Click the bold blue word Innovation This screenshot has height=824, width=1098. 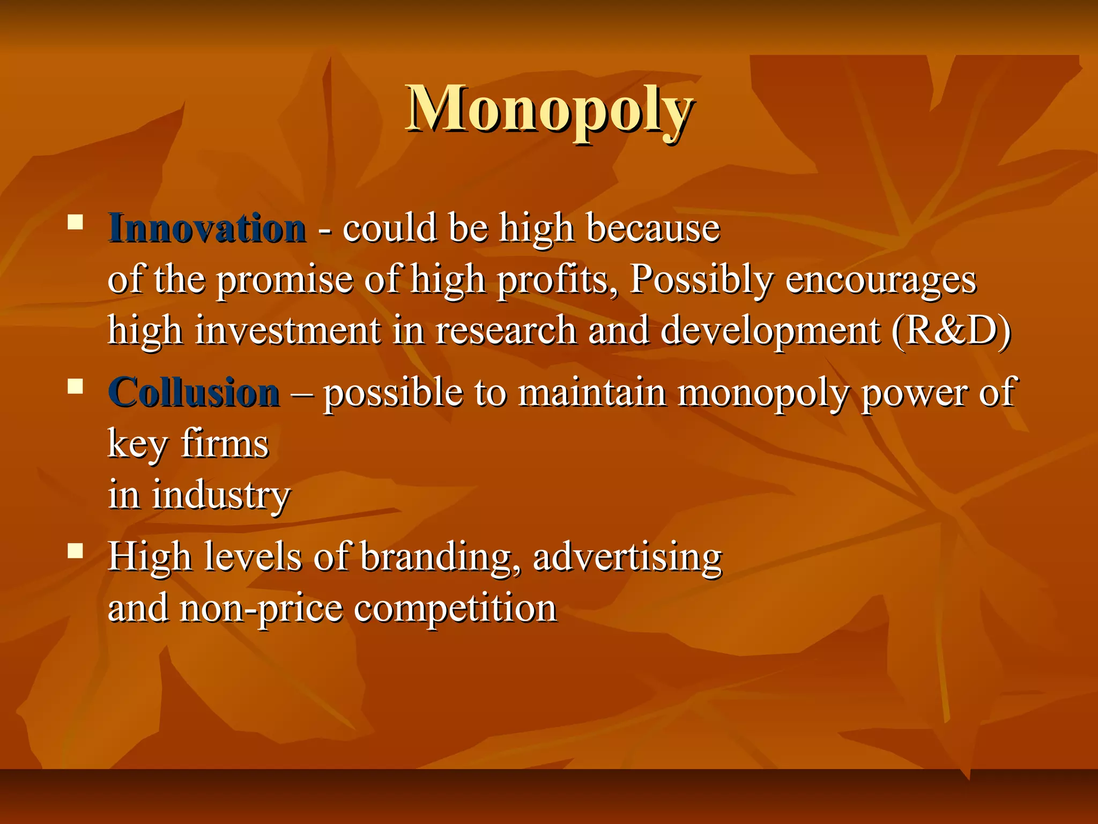coord(207,229)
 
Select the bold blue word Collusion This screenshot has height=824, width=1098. coord(194,393)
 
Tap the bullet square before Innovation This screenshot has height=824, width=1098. coord(76,222)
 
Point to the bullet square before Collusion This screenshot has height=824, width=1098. coord(76,386)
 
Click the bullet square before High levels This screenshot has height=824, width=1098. coord(76,550)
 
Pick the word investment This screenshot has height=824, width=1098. coord(288,330)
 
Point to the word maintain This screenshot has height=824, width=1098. coord(592,393)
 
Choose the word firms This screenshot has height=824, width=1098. coord(225,444)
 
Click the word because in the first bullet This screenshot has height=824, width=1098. coord(653,229)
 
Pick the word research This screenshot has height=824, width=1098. coord(506,330)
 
